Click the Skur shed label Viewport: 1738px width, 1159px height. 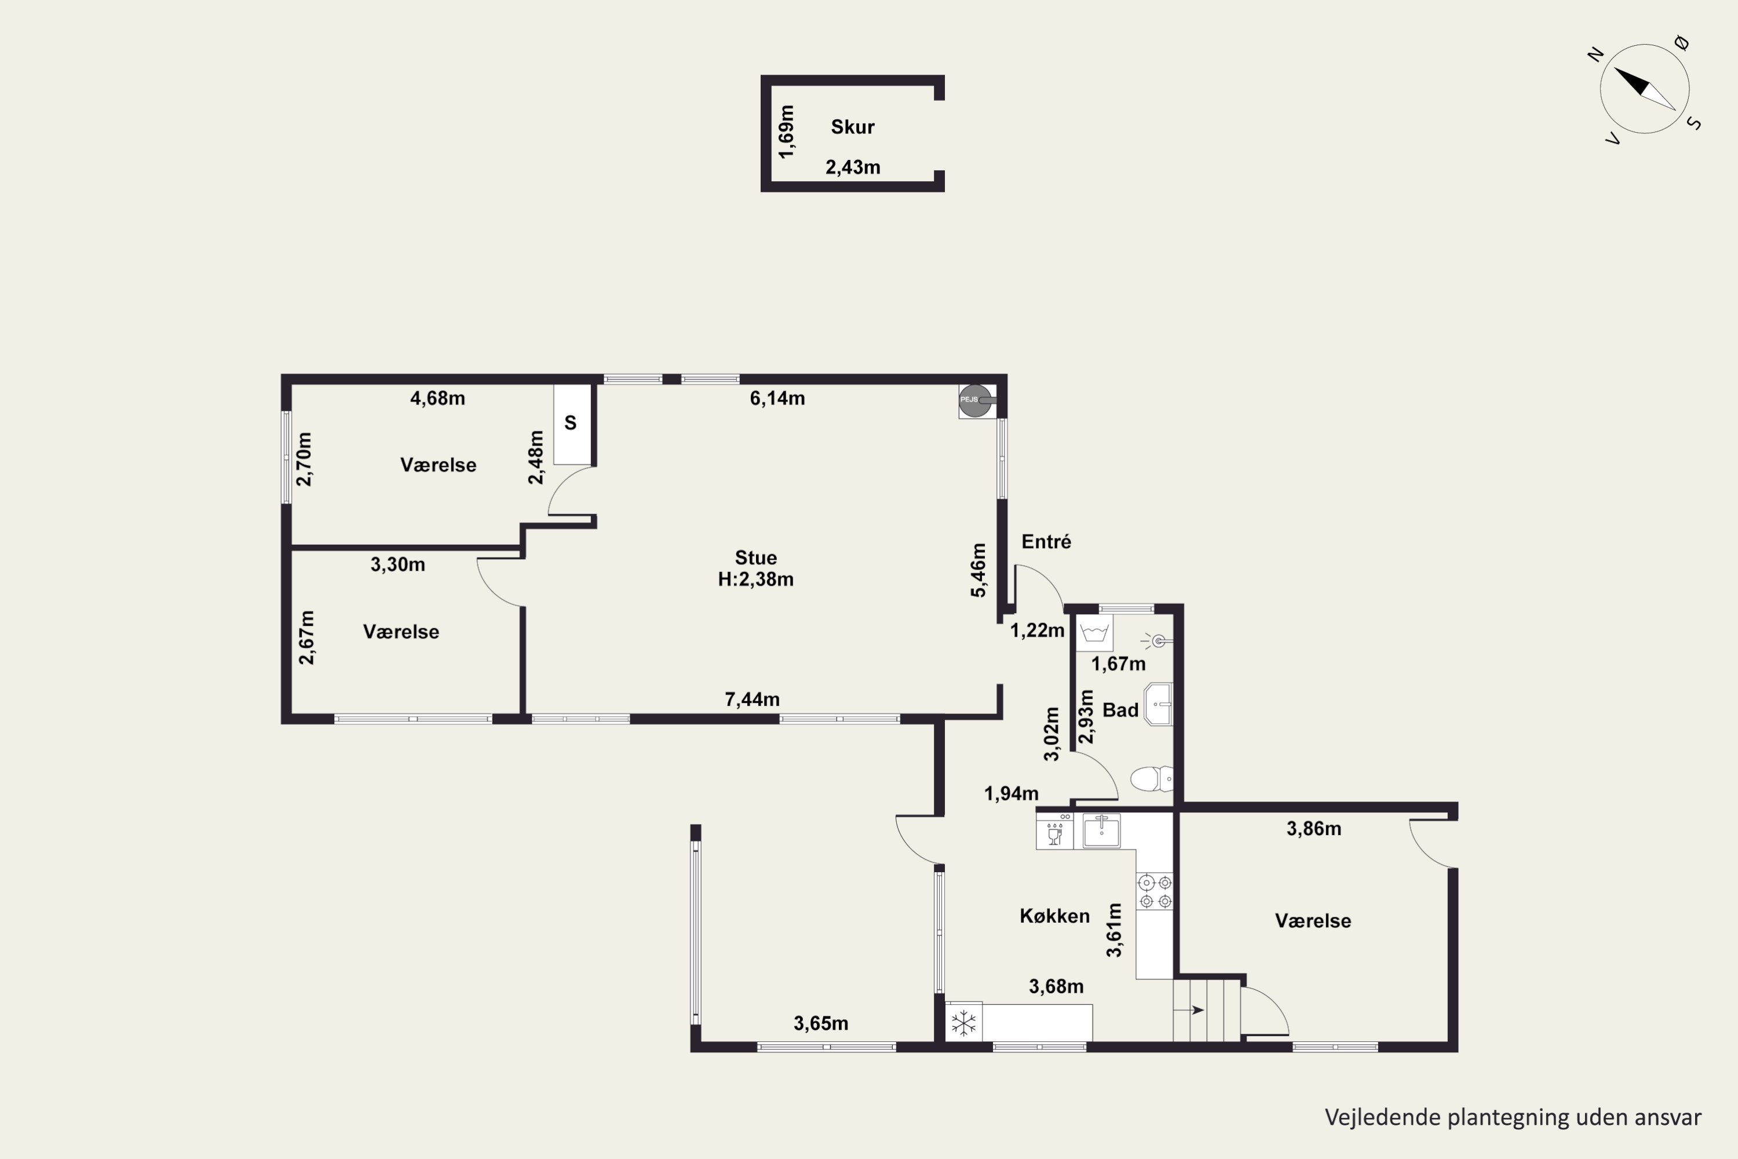[x=852, y=127]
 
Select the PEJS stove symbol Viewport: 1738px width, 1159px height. [x=976, y=400]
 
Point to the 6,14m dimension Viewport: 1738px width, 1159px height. [x=777, y=399]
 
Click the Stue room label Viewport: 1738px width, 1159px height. [x=755, y=558]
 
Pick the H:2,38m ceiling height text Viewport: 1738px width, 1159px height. [x=755, y=579]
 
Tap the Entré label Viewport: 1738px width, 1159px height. [x=1046, y=542]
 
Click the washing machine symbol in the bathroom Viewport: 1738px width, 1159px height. [x=1094, y=633]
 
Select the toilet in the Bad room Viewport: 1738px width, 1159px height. [x=1151, y=778]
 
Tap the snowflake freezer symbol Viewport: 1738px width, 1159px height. [x=963, y=1023]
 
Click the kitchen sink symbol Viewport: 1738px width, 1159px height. [x=1101, y=830]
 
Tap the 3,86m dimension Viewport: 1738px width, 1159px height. [x=1314, y=829]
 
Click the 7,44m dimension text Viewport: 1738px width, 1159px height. [x=752, y=699]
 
